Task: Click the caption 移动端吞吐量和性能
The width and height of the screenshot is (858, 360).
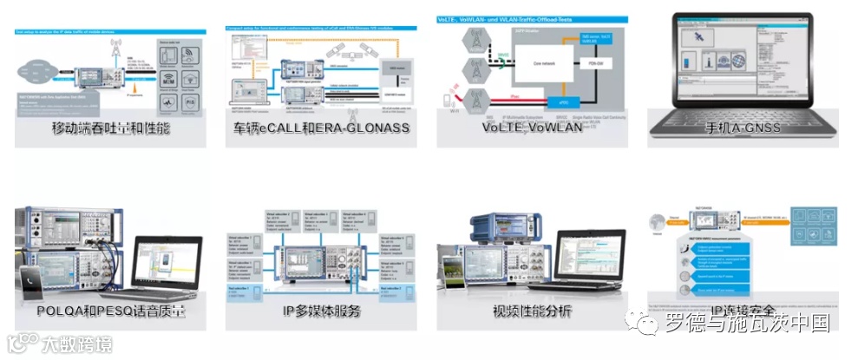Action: pyautogui.click(x=110, y=128)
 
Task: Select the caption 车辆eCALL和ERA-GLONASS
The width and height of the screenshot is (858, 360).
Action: pyautogui.click(x=318, y=128)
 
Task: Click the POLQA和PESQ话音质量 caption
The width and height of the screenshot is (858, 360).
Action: pyautogui.click(x=110, y=311)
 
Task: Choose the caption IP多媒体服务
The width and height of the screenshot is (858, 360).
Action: pyautogui.click(x=318, y=311)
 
